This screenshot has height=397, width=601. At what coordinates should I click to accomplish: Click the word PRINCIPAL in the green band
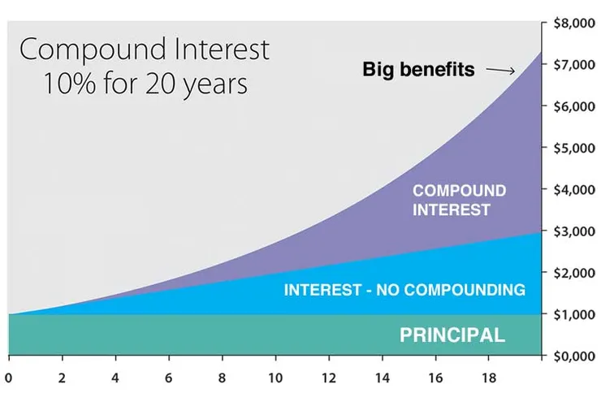(x=452, y=334)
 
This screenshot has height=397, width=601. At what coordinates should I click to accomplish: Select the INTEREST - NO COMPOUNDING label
(x=404, y=290)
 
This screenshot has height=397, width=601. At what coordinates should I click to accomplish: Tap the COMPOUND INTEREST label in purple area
(x=459, y=201)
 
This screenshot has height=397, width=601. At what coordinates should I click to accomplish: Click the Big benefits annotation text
(x=418, y=70)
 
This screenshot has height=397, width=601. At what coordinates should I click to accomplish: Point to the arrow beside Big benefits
(x=500, y=71)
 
